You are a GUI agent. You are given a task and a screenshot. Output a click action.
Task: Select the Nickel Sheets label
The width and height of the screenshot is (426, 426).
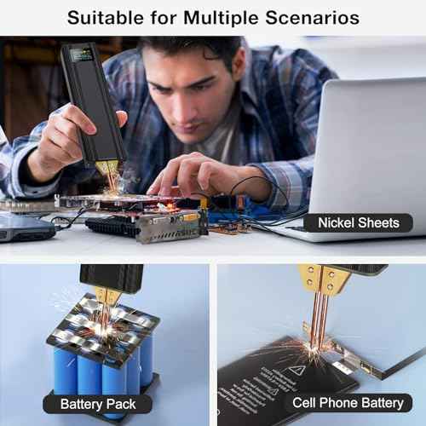coord(358,223)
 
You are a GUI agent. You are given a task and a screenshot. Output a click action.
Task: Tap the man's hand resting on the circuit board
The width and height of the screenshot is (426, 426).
coord(183,179)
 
